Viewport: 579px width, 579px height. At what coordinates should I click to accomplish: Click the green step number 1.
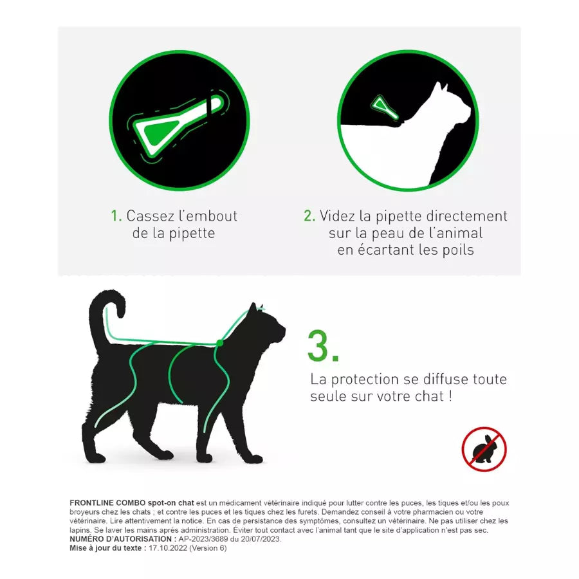tap(116, 216)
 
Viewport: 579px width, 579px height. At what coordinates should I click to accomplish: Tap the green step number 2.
tap(309, 216)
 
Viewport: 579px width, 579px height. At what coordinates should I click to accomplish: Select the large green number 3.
tap(323, 346)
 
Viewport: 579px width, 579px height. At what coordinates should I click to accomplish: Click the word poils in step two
tap(458, 250)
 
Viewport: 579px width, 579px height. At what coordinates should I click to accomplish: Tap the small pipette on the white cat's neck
tap(385, 107)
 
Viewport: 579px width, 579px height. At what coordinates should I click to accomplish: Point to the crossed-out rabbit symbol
tap(484, 449)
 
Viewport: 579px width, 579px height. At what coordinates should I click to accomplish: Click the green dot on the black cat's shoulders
tap(220, 343)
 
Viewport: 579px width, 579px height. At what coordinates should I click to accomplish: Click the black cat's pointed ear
tap(253, 308)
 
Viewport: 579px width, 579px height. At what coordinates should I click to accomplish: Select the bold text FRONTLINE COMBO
tap(107, 503)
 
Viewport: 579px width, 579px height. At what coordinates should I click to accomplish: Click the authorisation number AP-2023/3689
tap(203, 539)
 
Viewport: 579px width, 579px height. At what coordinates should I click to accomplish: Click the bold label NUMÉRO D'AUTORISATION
tap(123, 539)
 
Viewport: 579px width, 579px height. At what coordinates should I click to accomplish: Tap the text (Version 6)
tap(208, 548)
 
